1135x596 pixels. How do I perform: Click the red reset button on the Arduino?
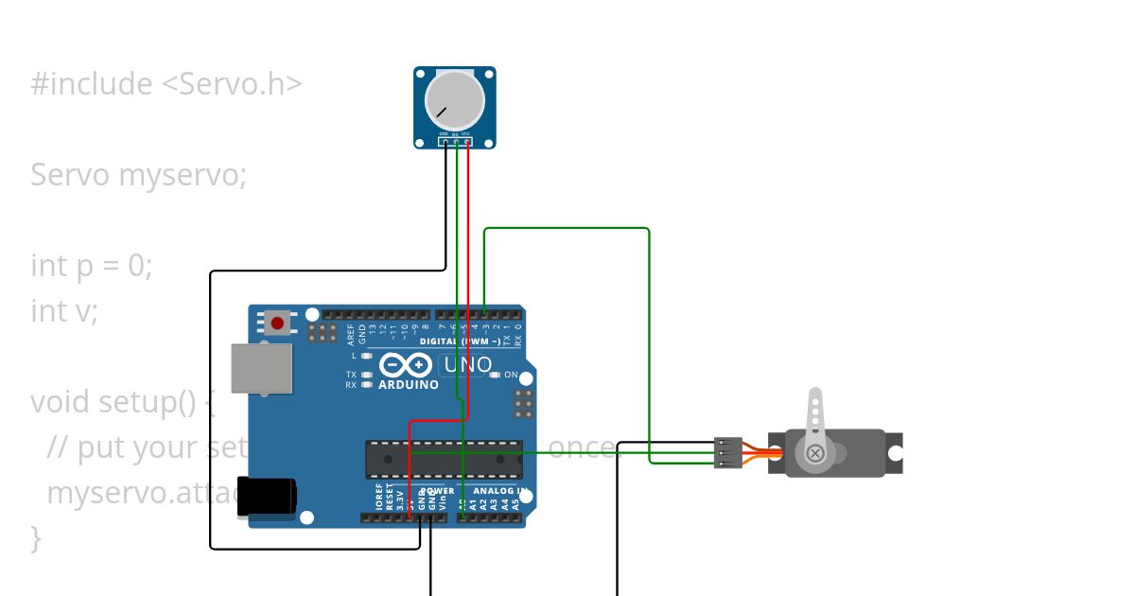(x=277, y=323)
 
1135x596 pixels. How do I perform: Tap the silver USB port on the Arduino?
(x=262, y=368)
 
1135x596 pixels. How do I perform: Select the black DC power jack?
(x=266, y=497)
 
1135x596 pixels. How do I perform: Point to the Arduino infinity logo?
(x=406, y=365)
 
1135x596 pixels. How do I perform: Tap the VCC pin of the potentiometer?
(x=467, y=142)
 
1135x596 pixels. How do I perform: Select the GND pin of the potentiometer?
(x=445, y=142)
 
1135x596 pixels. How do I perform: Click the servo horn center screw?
(x=815, y=454)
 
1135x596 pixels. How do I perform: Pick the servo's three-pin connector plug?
(x=728, y=453)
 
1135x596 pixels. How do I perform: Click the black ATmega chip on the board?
(x=444, y=459)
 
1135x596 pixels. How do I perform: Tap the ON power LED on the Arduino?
(x=495, y=376)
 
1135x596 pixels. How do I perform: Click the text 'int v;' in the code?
(x=64, y=310)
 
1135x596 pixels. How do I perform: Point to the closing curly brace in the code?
(x=36, y=537)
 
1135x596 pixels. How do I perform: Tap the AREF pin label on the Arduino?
(x=351, y=332)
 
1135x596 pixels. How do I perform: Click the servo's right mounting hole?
(x=895, y=453)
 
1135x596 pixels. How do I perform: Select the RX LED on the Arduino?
(x=367, y=385)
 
